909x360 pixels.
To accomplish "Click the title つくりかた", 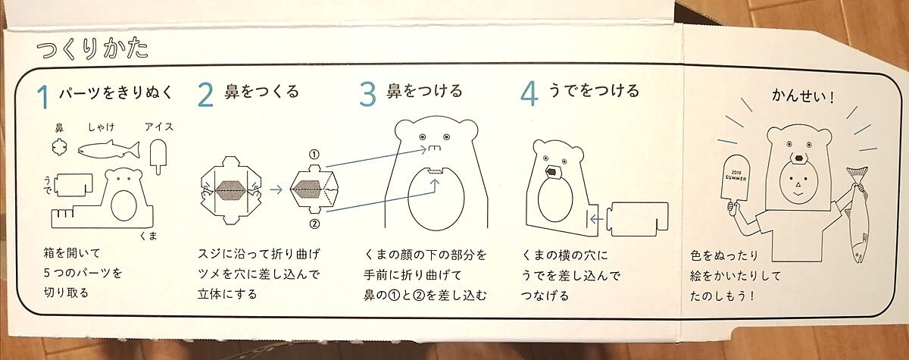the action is click(x=92, y=49).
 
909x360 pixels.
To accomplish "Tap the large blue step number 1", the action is click(x=42, y=97).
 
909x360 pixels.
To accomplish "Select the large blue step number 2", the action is click(x=206, y=95).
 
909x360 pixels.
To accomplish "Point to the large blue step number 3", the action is click(x=368, y=94).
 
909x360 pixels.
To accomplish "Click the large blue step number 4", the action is click(x=529, y=94).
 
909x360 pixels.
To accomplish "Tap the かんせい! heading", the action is click(x=803, y=96).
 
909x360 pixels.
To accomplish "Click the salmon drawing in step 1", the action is click(x=109, y=150).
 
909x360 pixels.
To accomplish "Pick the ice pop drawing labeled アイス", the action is click(x=158, y=156).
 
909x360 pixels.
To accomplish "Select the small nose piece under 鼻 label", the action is click(x=60, y=147).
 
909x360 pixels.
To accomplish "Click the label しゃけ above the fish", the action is click(x=101, y=127).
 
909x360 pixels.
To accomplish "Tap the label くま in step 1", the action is click(x=148, y=236).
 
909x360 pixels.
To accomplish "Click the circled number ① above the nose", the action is click(x=314, y=154).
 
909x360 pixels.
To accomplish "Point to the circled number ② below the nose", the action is click(x=314, y=224).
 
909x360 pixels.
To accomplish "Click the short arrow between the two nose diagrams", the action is click(x=276, y=189).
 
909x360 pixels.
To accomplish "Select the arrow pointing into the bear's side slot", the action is click(x=596, y=220).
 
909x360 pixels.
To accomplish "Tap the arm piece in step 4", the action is click(x=638, y=219).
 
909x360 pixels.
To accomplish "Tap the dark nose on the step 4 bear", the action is click(x=553, y=172).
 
